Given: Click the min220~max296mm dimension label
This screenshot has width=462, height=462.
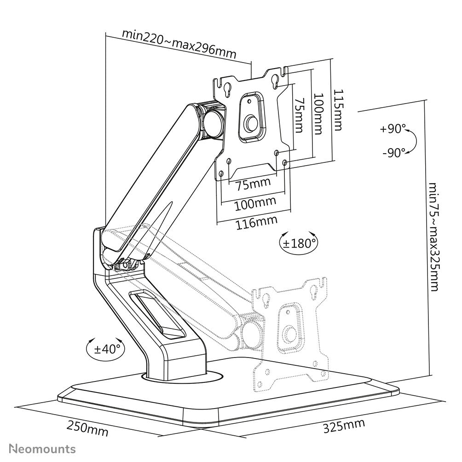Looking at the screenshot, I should [179, 43].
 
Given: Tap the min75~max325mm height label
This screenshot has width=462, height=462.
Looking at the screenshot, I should [433, 237].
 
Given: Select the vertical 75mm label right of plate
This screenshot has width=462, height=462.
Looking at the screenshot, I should [299, 115].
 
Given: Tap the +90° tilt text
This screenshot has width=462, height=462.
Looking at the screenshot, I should [393, 129].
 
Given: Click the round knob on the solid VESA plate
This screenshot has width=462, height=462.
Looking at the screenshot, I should [251, 122].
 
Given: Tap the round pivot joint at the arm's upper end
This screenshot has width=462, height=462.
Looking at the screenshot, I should [213, 121].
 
